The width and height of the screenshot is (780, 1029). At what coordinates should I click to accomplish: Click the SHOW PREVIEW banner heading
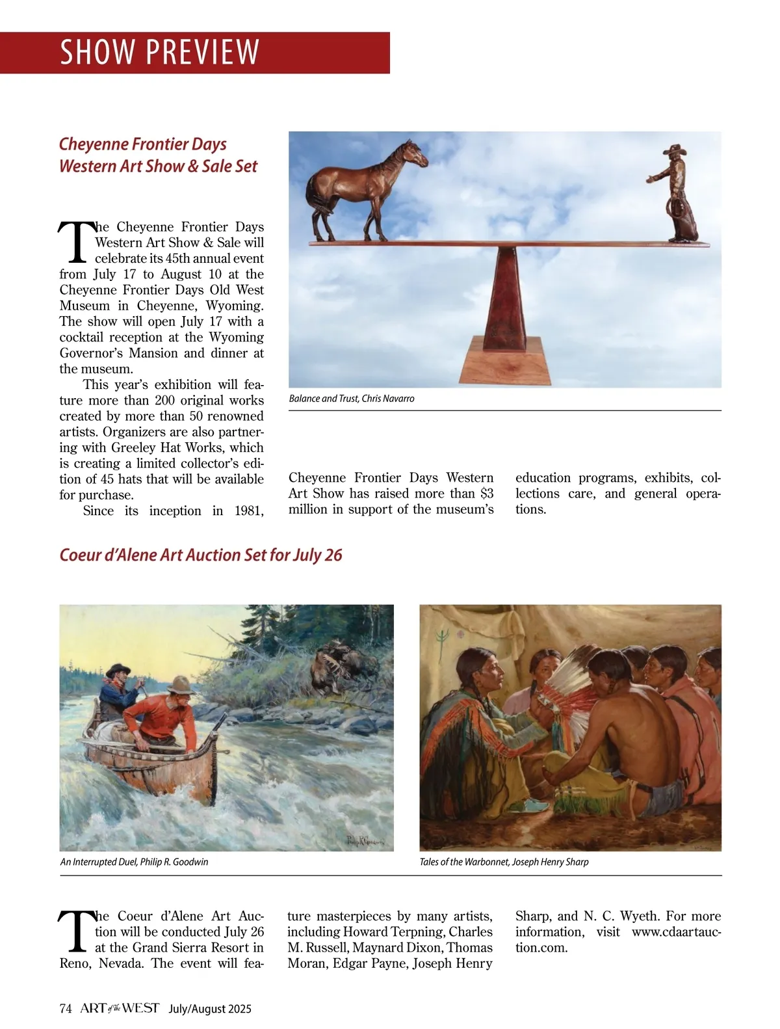click(159, 52)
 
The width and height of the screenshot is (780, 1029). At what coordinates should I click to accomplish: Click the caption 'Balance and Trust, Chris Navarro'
click(351, 398)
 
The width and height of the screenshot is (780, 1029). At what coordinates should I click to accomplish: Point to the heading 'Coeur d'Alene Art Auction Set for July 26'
click(200, 555)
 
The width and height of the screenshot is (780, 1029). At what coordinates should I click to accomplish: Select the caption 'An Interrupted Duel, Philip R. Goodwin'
click(134, 862)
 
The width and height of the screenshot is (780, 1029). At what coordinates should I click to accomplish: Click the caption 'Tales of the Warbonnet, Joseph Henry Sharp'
click(504, 862)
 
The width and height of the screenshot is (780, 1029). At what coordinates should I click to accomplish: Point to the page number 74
click(65, 1009)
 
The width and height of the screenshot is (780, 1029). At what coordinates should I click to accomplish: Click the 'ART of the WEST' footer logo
click(120, 1009)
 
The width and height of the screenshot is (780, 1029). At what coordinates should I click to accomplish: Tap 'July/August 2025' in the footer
click(209, 1009)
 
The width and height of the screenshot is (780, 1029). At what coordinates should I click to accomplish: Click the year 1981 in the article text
click(248, 511)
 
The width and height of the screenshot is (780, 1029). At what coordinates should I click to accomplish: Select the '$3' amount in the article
click(486, 494)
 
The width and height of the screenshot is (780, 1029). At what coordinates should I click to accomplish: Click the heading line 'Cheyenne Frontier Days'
click(142, 144)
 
